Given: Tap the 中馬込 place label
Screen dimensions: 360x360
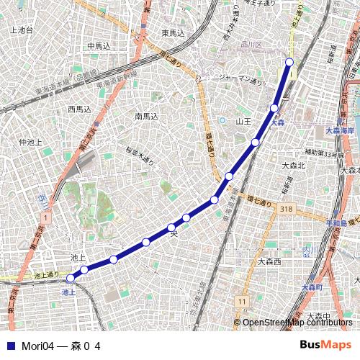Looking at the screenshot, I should [x=99, y=45].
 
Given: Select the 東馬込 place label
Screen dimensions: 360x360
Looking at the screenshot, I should [x=173, y=33].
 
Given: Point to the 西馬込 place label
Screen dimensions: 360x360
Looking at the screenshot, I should [x=79, y=109].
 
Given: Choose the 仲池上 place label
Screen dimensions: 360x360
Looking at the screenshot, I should [x=32, y=143].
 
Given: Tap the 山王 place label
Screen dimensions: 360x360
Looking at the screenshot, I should [x=243, y=122].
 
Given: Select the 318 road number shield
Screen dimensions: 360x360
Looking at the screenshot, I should [x=287, y=209].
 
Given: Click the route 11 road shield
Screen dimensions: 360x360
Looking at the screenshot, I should [x=243, y=300].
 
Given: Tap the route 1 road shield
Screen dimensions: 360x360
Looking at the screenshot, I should [x=45, y=216].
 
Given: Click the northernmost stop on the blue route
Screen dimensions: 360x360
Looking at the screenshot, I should [x=290, y=62].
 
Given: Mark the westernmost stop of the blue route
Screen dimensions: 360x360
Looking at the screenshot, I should [x=71, y=278].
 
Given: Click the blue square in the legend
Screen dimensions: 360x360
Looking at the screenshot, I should [x=9, y=346].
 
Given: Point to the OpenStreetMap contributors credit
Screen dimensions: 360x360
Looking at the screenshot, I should [x=297, y=322].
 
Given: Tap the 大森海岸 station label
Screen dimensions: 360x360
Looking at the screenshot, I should [x=340, y=130].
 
